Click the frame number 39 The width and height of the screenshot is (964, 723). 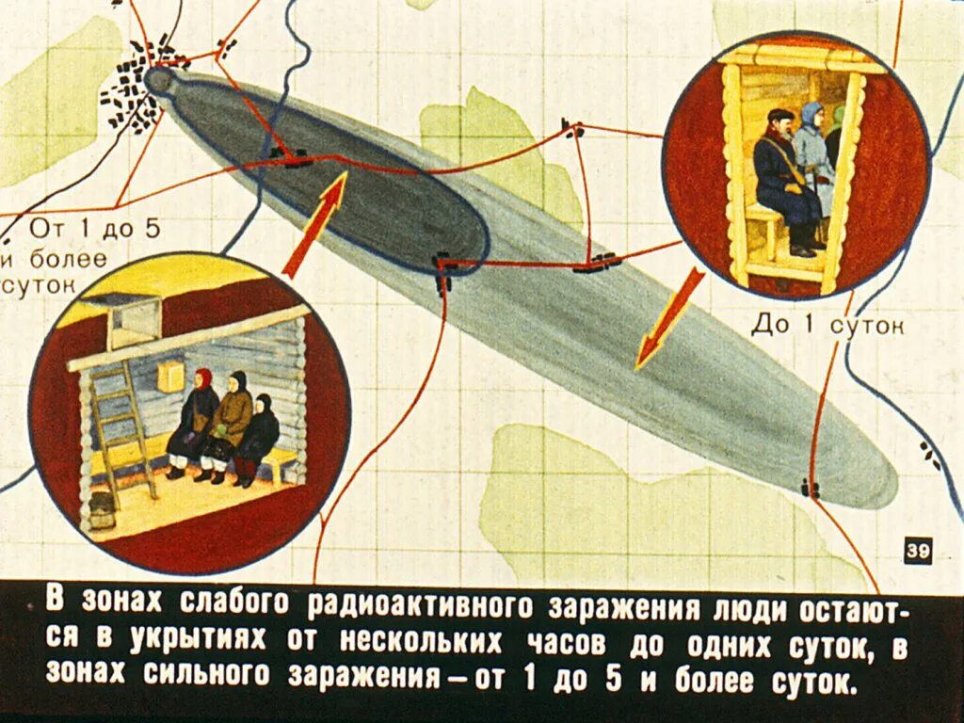point(917,551)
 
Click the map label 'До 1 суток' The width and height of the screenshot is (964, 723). point(827,326)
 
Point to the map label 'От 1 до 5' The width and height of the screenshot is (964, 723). point(94,228)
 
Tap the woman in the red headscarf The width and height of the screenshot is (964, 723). point(196,424)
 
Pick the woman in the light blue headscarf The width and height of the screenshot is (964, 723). point(814,155)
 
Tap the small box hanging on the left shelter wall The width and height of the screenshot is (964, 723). point(170,377)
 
